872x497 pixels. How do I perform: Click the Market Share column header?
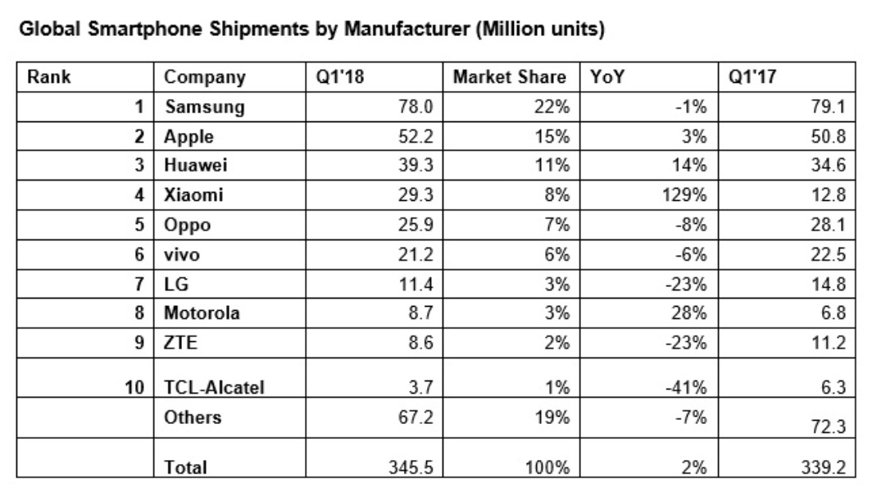(x=509, y=78)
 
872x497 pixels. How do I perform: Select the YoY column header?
(x=605, y=78)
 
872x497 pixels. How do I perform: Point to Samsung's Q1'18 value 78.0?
(x=416, y=107)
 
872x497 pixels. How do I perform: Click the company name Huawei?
(x=196, y=166)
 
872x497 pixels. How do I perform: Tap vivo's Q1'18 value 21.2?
(x=416, y=255)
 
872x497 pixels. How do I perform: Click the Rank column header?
(x=49, y=78)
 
